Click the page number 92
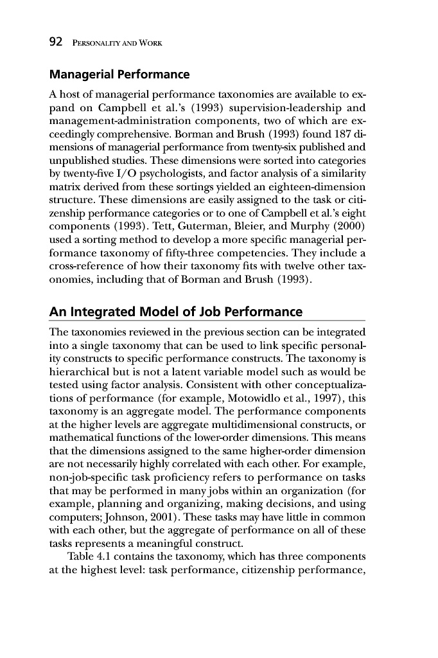[x=56, y=42]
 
